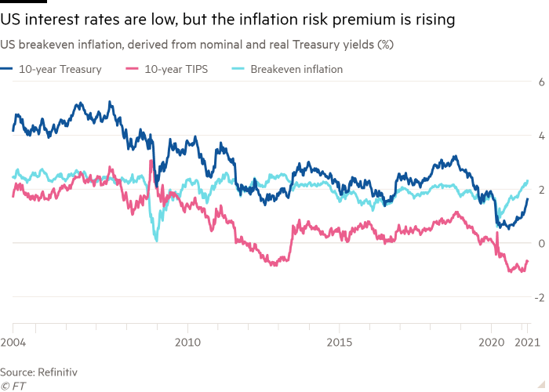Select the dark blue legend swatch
point(12,70)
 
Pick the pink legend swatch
point(134,70)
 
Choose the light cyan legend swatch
point(238,70)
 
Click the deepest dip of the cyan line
point(155,241)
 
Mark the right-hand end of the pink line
point(529,261)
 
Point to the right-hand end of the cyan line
point(529,180)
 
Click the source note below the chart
point(23,374)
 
